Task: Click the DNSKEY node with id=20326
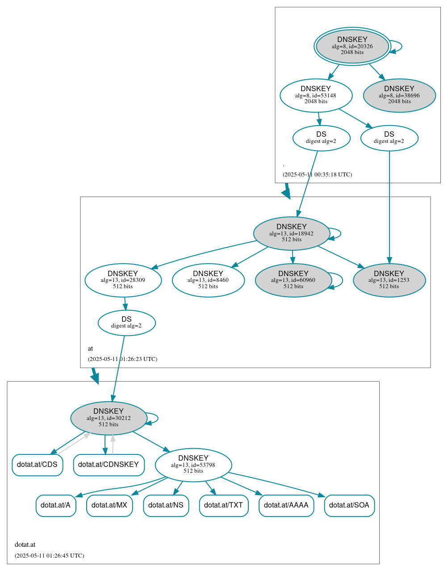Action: [352, 46]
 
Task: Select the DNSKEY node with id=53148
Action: [316, 95]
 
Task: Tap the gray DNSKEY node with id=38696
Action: [399, 95]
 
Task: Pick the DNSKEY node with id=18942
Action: [291, 233]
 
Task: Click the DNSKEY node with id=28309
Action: [123, 280]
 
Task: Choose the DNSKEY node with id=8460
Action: [208, 280]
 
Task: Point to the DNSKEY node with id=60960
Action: [293, 280]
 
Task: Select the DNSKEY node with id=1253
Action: [389, 280]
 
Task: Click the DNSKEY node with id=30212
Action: [109, 418]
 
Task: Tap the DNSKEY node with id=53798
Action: [193, 465]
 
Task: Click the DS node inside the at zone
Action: [126, 323]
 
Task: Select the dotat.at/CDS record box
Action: [37, 465]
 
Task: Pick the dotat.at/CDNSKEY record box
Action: [109, 465]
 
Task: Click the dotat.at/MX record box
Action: [109, 505]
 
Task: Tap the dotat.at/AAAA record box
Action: [286, 505]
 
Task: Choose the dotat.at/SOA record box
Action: [349, 505]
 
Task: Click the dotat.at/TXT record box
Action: [223, 505]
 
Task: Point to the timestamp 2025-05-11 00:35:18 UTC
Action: [317, 175]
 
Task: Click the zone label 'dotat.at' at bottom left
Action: [25, 545]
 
